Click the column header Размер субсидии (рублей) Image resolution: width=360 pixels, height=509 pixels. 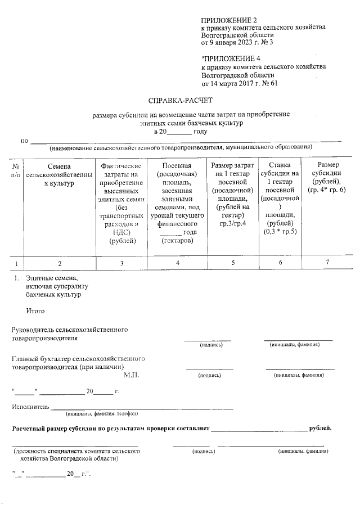click(x=327, y=177)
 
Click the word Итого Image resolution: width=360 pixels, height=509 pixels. click(x=35, y=310)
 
